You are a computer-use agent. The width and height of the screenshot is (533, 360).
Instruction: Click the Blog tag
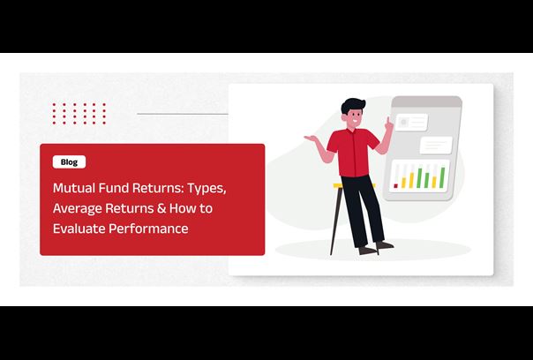coord(69,161)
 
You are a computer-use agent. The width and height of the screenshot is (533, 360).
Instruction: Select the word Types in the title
coord(206,189)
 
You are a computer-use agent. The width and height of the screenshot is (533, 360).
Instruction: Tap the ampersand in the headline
coord(161,208)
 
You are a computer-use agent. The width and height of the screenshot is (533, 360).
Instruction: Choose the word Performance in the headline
coord(148,229)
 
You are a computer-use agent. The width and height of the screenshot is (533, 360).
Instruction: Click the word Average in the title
coord(77,208)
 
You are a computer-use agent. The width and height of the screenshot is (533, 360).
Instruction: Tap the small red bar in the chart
coord(395,186)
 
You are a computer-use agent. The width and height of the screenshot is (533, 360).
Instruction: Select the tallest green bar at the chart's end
coord(442,177)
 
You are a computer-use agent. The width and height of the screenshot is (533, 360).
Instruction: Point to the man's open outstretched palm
coord(311,138)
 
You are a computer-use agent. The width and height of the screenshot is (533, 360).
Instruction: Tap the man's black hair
coord(352,105)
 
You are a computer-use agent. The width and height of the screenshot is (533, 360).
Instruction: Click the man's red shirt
coord(353,152)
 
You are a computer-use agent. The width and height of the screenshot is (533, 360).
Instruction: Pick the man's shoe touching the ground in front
coord(367,251)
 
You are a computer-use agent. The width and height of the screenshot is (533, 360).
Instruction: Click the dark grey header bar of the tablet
coord(427,101)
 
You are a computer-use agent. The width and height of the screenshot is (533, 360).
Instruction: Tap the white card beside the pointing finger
coord(411,122)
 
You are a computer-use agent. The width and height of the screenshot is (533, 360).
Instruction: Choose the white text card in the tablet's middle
coord(436,146)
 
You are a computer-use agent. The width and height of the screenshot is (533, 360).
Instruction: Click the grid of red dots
coord(79,114)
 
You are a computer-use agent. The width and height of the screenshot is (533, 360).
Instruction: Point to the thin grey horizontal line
coord(183,114)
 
